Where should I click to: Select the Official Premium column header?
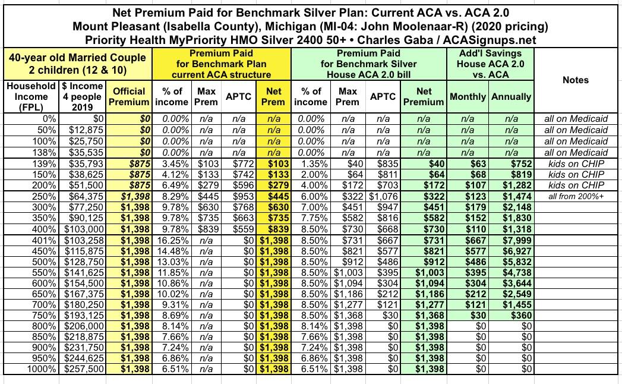(x=129, y=96)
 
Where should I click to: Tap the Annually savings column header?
(x=511, y=96)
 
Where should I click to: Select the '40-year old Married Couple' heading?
(x=76, y=58)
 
